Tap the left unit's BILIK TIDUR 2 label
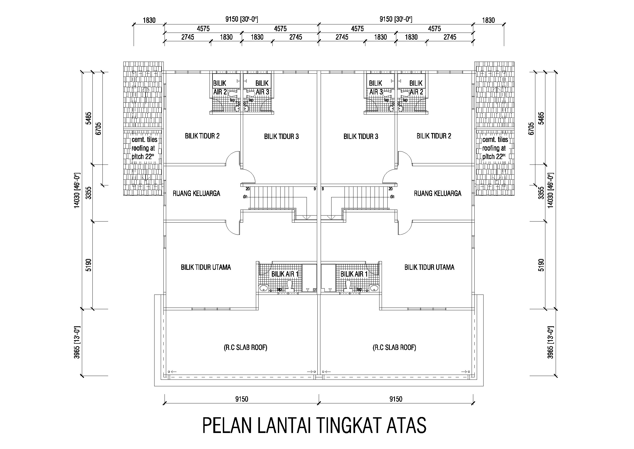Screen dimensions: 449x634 [202, 136]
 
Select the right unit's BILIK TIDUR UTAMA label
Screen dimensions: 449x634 [429, 267]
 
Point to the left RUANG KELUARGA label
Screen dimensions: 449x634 [196, 193]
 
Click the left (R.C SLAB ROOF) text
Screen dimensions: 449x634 [245, 347]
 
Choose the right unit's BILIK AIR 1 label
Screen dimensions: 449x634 [354, 274]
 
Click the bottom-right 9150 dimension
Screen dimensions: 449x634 [396, 399]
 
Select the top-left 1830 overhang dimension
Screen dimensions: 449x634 [149, 20]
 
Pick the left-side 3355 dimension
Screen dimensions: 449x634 [88, 193]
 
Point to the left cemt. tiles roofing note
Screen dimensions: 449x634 [144, 148]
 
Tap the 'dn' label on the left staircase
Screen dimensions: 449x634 [245, 197]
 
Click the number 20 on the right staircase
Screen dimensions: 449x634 [390, 189]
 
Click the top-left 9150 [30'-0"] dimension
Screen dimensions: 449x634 [242, 19]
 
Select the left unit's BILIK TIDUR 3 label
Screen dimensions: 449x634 [281, 136]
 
